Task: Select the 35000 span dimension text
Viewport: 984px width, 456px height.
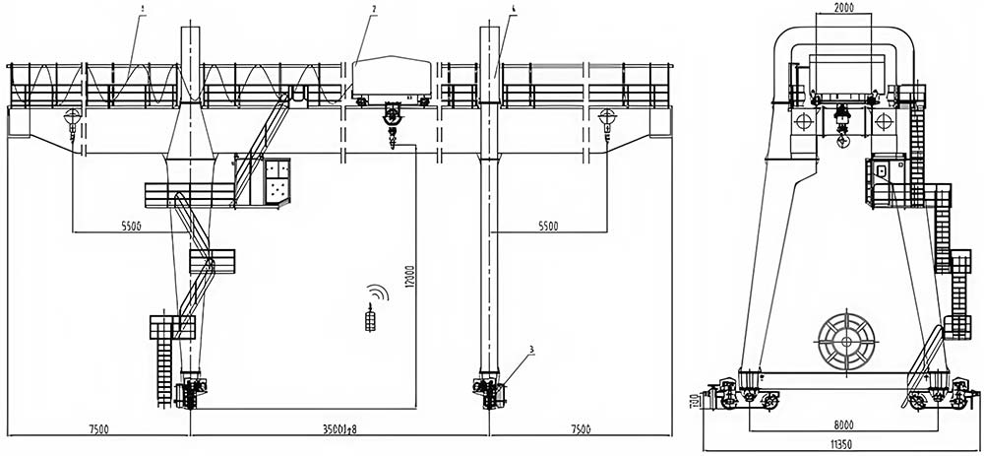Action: tap(338, 428)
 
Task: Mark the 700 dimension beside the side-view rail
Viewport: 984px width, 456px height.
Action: tap(693, 403)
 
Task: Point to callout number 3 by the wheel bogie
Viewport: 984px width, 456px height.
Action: tap(531, 350)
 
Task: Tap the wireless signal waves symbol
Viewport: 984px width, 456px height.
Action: tap(377, 293)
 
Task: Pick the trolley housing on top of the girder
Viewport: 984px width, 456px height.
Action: tap(392, 78)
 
